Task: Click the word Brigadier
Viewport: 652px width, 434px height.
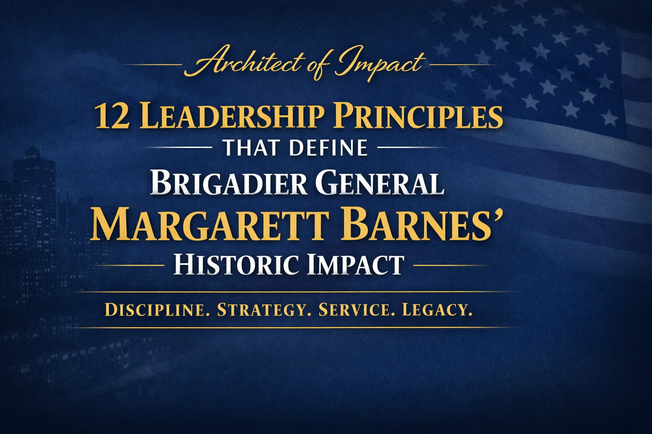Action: (x=229, y=183)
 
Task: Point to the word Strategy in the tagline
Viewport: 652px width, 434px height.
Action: (x=261, y=310)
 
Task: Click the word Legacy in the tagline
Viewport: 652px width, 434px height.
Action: (x=437, y=310)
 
